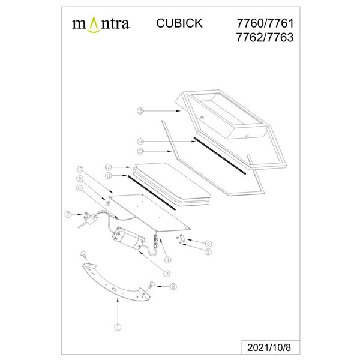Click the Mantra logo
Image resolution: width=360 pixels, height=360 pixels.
point(101,24)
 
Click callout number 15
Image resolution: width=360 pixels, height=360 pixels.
point(140,111)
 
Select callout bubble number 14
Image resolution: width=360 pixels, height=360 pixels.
point(140,140)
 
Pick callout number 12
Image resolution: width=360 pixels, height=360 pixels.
point(109,167)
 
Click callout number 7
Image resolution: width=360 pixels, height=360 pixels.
point(68,214)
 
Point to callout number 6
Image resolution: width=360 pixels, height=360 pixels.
point(209,244)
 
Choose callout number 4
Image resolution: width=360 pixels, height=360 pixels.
point(167,260)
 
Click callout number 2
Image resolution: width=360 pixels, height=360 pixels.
point(173,287)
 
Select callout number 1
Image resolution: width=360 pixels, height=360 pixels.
point(118,328)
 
